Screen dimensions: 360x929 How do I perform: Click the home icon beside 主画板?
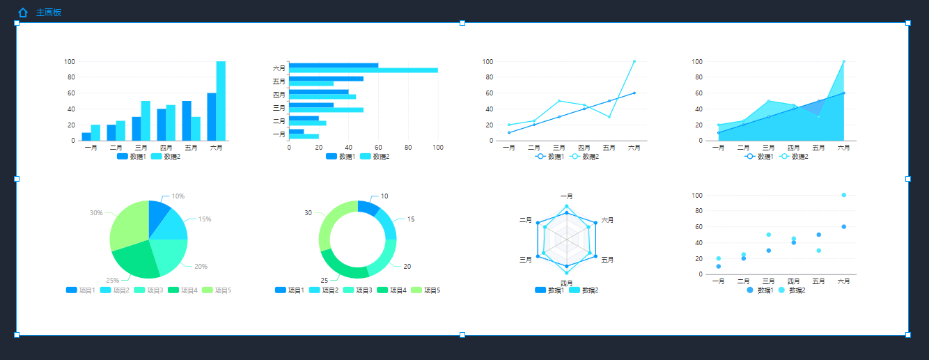tap(23, 13)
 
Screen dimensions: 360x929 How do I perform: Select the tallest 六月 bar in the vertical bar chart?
tap(221, 101)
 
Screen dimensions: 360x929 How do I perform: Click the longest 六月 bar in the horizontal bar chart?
tap(364, 70)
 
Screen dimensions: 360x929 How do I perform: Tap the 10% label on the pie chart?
tap(178, 196)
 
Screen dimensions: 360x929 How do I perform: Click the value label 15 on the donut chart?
tap(411, 219)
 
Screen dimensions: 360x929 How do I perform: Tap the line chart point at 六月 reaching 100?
tap(634, 61)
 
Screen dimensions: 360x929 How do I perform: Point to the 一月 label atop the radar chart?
tap(567, 196)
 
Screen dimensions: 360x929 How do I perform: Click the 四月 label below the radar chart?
tap(567, 283)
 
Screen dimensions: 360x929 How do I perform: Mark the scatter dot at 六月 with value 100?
tap(844, 195)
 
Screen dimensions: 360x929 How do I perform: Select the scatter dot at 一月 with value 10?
tap(718, 267)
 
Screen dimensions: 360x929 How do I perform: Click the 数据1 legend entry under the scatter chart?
tap(759, 290)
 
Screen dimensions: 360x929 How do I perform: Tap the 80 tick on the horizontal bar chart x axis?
tap(408, 148)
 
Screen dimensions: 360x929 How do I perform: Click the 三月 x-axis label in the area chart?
tap(768, 148)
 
